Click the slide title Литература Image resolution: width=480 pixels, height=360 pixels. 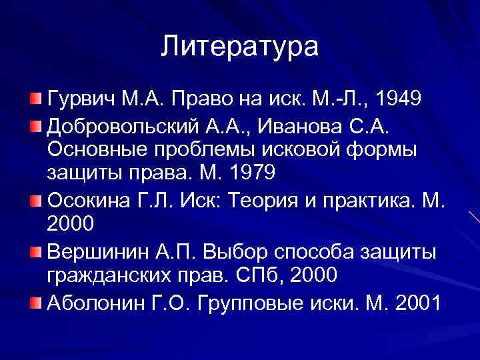point(240,47)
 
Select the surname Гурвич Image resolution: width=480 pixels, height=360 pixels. point(81,100)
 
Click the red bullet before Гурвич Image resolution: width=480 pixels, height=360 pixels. point(35,100)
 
